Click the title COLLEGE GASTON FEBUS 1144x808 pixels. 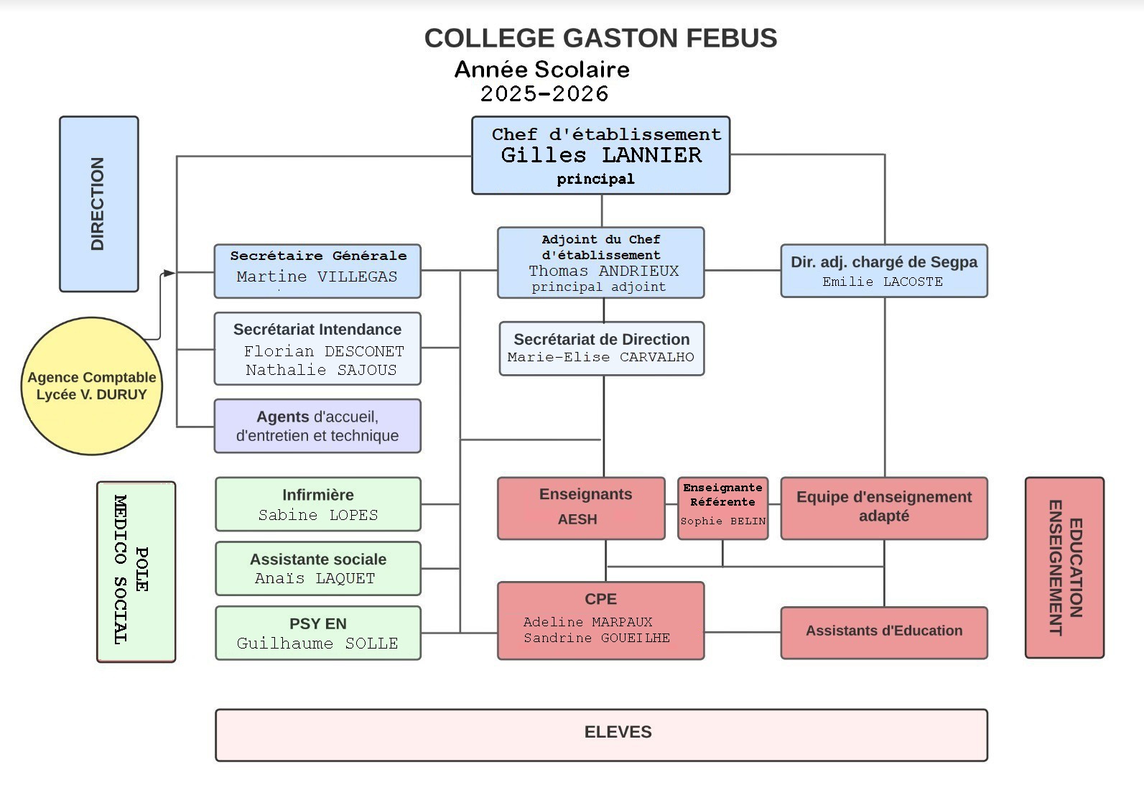tap(600, 38)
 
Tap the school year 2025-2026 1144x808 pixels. tap(544, 93)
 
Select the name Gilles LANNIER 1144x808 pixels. tap(601, 155)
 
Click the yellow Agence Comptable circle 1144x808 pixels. tap(92, 386)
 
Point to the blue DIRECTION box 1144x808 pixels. tap(98, 204)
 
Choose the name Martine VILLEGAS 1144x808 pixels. tap(317, 277)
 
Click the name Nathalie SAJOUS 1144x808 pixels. tap(321, 370)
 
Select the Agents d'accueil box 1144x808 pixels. tap(317, 426)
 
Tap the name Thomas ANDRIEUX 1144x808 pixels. tap(603, 271)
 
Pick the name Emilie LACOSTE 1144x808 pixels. tap(883, 282)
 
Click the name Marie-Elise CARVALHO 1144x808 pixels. tap(600, 357)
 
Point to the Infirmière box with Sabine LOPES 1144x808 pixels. tap(317, 504)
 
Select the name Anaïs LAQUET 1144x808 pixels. tap(315, 578)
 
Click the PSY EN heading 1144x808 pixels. tap(317, 623)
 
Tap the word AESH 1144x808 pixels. tap(577, 519)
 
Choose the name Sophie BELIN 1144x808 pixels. tap(722, 521)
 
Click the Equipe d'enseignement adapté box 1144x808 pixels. tap(883, 507)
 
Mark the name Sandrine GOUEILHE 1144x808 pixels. tap(596, 638)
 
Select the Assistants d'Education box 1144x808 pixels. tap(883, 631)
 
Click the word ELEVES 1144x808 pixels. tap(618, 732)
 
